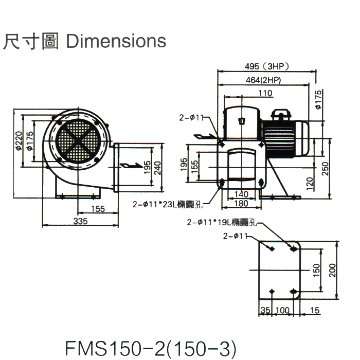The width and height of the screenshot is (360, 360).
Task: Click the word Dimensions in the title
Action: pyautogui.click(x=117, y=41)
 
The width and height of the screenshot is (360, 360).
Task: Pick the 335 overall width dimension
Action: pyautogui.click(x=80, y=221)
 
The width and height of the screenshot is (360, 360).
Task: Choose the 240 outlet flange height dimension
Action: pyautogui.click(x=157, y=168)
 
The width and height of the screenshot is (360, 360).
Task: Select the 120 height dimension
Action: pyautogui.click(x=309, y=183)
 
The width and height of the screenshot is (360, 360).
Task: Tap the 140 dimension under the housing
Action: pyautogui.click(x=241, y=194)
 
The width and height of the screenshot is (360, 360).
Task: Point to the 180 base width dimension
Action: pyautogui.click(x=241, y=203)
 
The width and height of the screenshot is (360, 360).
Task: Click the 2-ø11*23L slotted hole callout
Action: pyautogui.click(x=168, y=204)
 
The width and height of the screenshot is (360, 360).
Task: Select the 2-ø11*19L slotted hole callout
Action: pyautogui.click(x=222, y=223)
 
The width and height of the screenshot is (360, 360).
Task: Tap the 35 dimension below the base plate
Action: pyautogui.click(x=265, y=311)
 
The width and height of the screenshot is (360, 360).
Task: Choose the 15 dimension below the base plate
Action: pyautogui.click(x=315, y=311)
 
